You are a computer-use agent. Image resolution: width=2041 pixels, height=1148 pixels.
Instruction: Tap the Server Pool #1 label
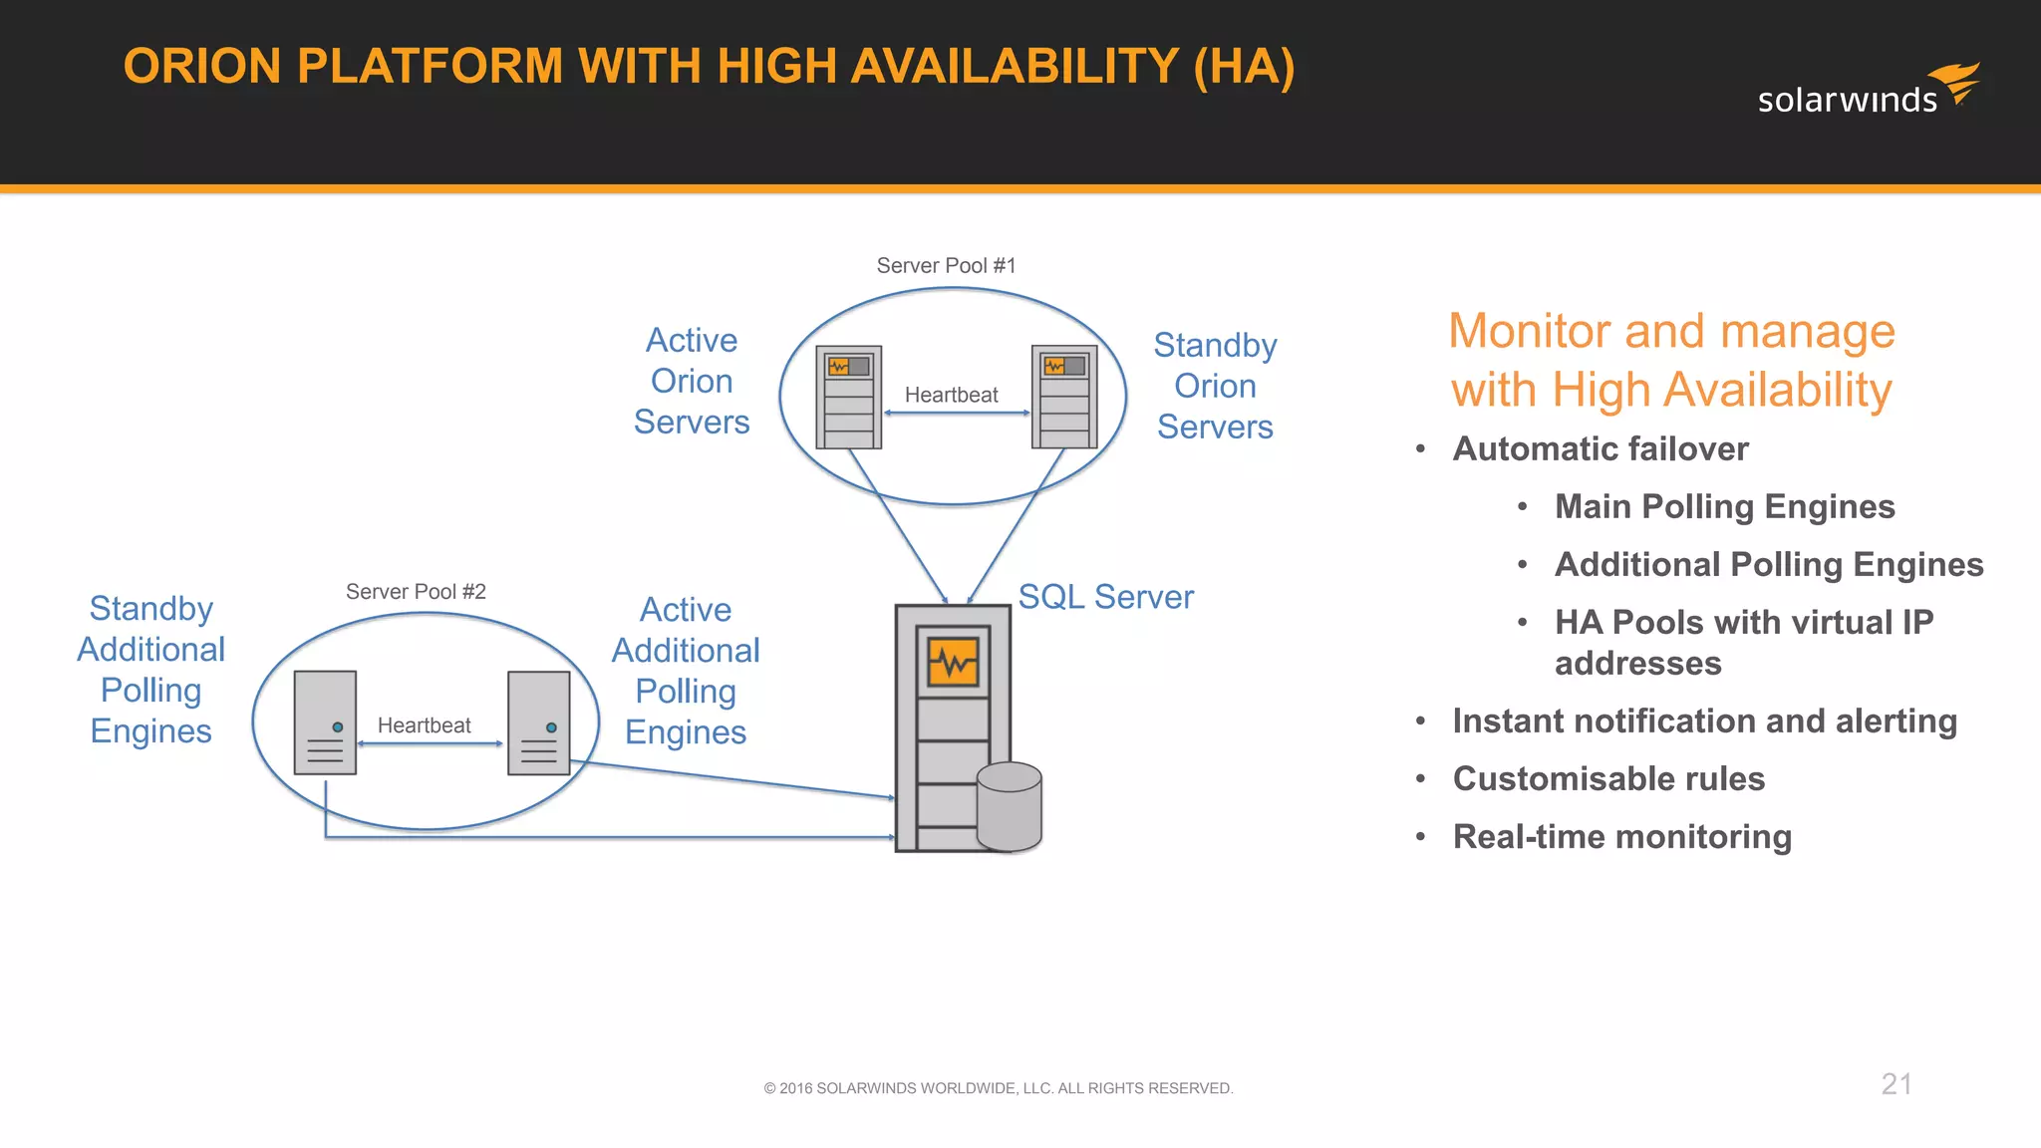[946, 266]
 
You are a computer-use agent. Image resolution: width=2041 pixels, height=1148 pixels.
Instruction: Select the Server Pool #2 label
[416, 592]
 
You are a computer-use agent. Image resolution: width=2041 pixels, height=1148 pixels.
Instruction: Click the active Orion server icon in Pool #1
[848, 397]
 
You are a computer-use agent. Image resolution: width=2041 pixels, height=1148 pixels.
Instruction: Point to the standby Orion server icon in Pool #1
[1063, 397]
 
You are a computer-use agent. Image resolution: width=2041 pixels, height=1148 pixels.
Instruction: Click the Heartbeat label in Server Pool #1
[951, 395]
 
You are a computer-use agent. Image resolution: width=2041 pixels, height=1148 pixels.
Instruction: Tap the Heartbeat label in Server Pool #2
[424, 725]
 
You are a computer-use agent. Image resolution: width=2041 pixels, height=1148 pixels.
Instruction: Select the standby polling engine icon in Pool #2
[325, 722]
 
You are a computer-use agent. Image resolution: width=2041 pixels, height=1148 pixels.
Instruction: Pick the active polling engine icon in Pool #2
[538, 722]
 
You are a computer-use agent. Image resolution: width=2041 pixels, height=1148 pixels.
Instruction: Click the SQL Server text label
[1105, 597]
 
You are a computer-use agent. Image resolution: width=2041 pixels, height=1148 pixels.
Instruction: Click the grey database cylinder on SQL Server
[1010, 806]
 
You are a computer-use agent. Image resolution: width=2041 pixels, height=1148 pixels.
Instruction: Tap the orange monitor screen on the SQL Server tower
[953, 662]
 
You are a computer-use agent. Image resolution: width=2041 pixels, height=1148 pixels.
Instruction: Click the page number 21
[1895, 1084]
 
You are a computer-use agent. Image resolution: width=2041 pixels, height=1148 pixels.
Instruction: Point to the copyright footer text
[998, 1088]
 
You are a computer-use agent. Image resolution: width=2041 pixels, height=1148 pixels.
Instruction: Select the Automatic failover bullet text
[1600, 449]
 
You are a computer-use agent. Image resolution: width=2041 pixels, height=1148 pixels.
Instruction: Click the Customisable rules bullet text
[1607, 779]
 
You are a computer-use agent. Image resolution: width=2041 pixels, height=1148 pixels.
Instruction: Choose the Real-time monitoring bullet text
[1621, 837]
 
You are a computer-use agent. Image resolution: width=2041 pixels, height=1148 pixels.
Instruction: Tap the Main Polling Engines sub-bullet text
[1724, 507]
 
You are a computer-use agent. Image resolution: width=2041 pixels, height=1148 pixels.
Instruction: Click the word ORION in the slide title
[202, 67]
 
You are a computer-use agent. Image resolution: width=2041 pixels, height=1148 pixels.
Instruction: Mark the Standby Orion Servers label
[1215, 387]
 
